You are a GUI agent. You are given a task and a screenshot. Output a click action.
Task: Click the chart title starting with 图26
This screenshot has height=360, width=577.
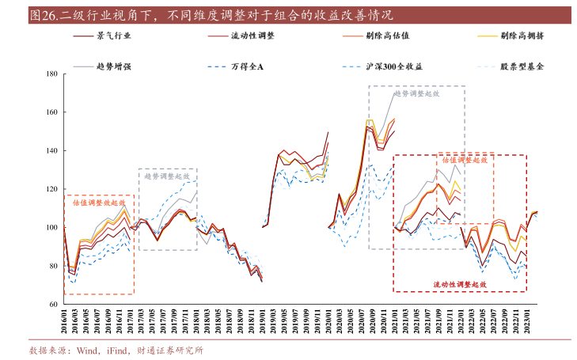pyautogui.click(x=210, y=15)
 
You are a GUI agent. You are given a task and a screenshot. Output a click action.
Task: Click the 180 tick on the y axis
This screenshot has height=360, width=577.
pyautogui.click(x=51, y=74)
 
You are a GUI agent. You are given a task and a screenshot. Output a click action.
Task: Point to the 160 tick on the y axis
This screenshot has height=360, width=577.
pyautogui.click(x=51, y=112)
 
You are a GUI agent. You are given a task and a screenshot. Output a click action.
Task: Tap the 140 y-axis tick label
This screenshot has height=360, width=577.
pyautogui.click(x=51, y=150)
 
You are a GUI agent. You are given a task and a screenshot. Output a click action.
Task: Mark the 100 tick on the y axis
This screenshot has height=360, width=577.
pyautogui.click(x=51, y=227)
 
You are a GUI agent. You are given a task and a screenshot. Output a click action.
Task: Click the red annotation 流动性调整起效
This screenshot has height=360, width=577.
pyautogui.click(x=459, y=284)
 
